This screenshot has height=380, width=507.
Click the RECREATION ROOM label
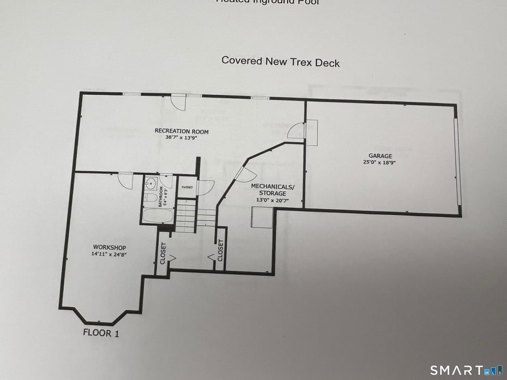[x=181, y=131]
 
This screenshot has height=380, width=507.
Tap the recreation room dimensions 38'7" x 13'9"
[x=181, y=138]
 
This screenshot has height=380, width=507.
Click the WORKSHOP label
[x=109, y=248]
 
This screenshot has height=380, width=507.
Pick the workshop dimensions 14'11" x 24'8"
[x=109, y=254]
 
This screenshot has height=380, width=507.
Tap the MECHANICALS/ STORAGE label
[x=272, y=190]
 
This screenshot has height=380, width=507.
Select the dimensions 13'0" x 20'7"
[x=272, y=200]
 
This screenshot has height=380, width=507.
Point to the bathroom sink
[x=151, y=184]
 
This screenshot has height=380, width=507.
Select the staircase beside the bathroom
[x=186, y=216]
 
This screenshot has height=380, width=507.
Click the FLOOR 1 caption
[x=101, y=333]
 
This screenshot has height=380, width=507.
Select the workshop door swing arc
[x=125, y=182]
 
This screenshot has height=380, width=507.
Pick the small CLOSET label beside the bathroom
[x=187, y=186]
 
